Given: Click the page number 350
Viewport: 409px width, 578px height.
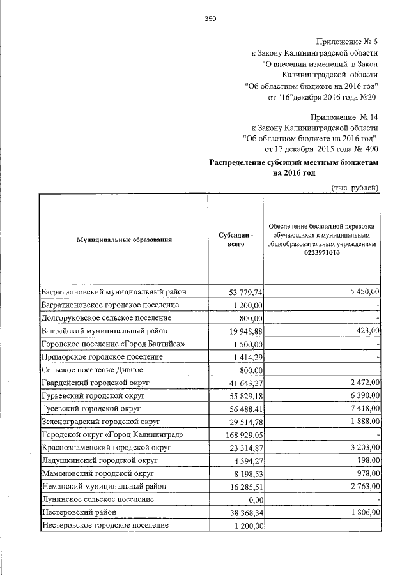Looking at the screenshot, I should point(211,19).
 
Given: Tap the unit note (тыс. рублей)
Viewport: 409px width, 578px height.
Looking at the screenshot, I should point(355,186).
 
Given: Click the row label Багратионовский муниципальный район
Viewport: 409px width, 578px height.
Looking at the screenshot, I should point(114,291).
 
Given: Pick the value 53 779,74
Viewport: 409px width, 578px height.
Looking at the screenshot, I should point(246,292).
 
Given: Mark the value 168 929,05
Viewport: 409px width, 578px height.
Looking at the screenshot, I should point(243,435).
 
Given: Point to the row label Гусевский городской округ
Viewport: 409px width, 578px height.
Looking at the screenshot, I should point(91,409).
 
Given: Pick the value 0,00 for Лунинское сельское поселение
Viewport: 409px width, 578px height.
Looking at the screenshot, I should point(253,500).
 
